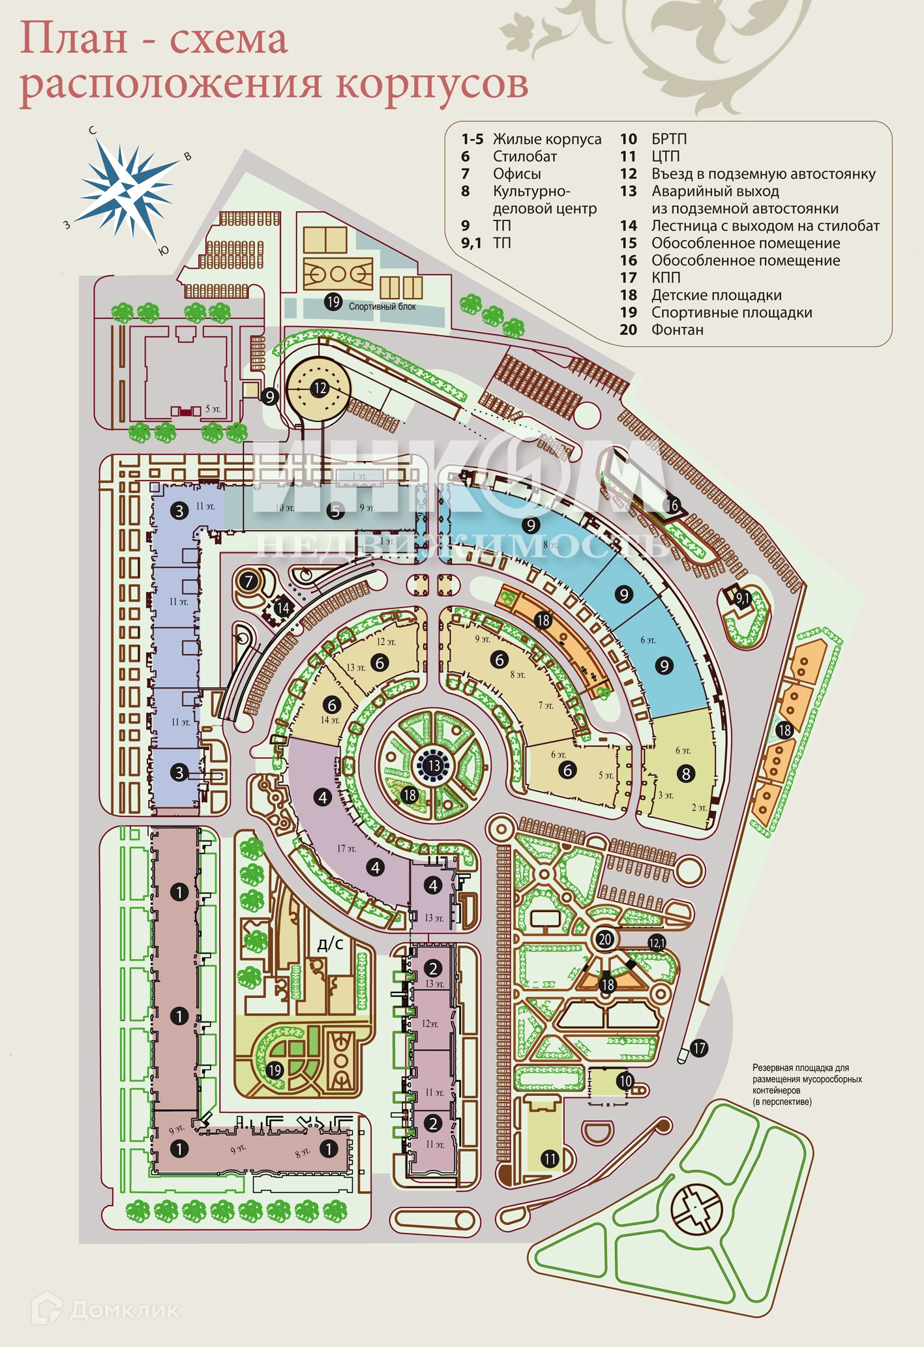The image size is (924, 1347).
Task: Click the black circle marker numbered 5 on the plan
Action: pos(336,511)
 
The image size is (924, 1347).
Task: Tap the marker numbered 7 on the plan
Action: pos(248,581)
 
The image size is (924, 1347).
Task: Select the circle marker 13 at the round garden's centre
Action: pos(434,765)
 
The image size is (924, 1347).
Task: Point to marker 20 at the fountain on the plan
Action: pos(605,940)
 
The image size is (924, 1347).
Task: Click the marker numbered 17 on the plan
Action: pos(698,1048)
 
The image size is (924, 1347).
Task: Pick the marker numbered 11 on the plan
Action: pos(550,1159)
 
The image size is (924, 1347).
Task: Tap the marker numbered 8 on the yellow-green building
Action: pos(685,774)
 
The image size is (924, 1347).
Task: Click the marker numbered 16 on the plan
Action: pos(672,505)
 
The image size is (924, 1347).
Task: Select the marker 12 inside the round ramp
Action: pos(320,389)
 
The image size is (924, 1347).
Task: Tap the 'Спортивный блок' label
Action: pos(382,306)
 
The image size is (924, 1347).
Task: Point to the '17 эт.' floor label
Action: pos(346,849)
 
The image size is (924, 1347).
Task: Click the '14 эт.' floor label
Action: pos(330,720)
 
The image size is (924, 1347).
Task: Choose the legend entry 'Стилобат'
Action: pos(524,156)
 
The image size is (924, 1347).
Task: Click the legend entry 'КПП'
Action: pos(666,278)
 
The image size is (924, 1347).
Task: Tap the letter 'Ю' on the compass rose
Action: pos(164,251)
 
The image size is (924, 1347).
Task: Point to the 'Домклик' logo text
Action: pos(124,1309)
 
